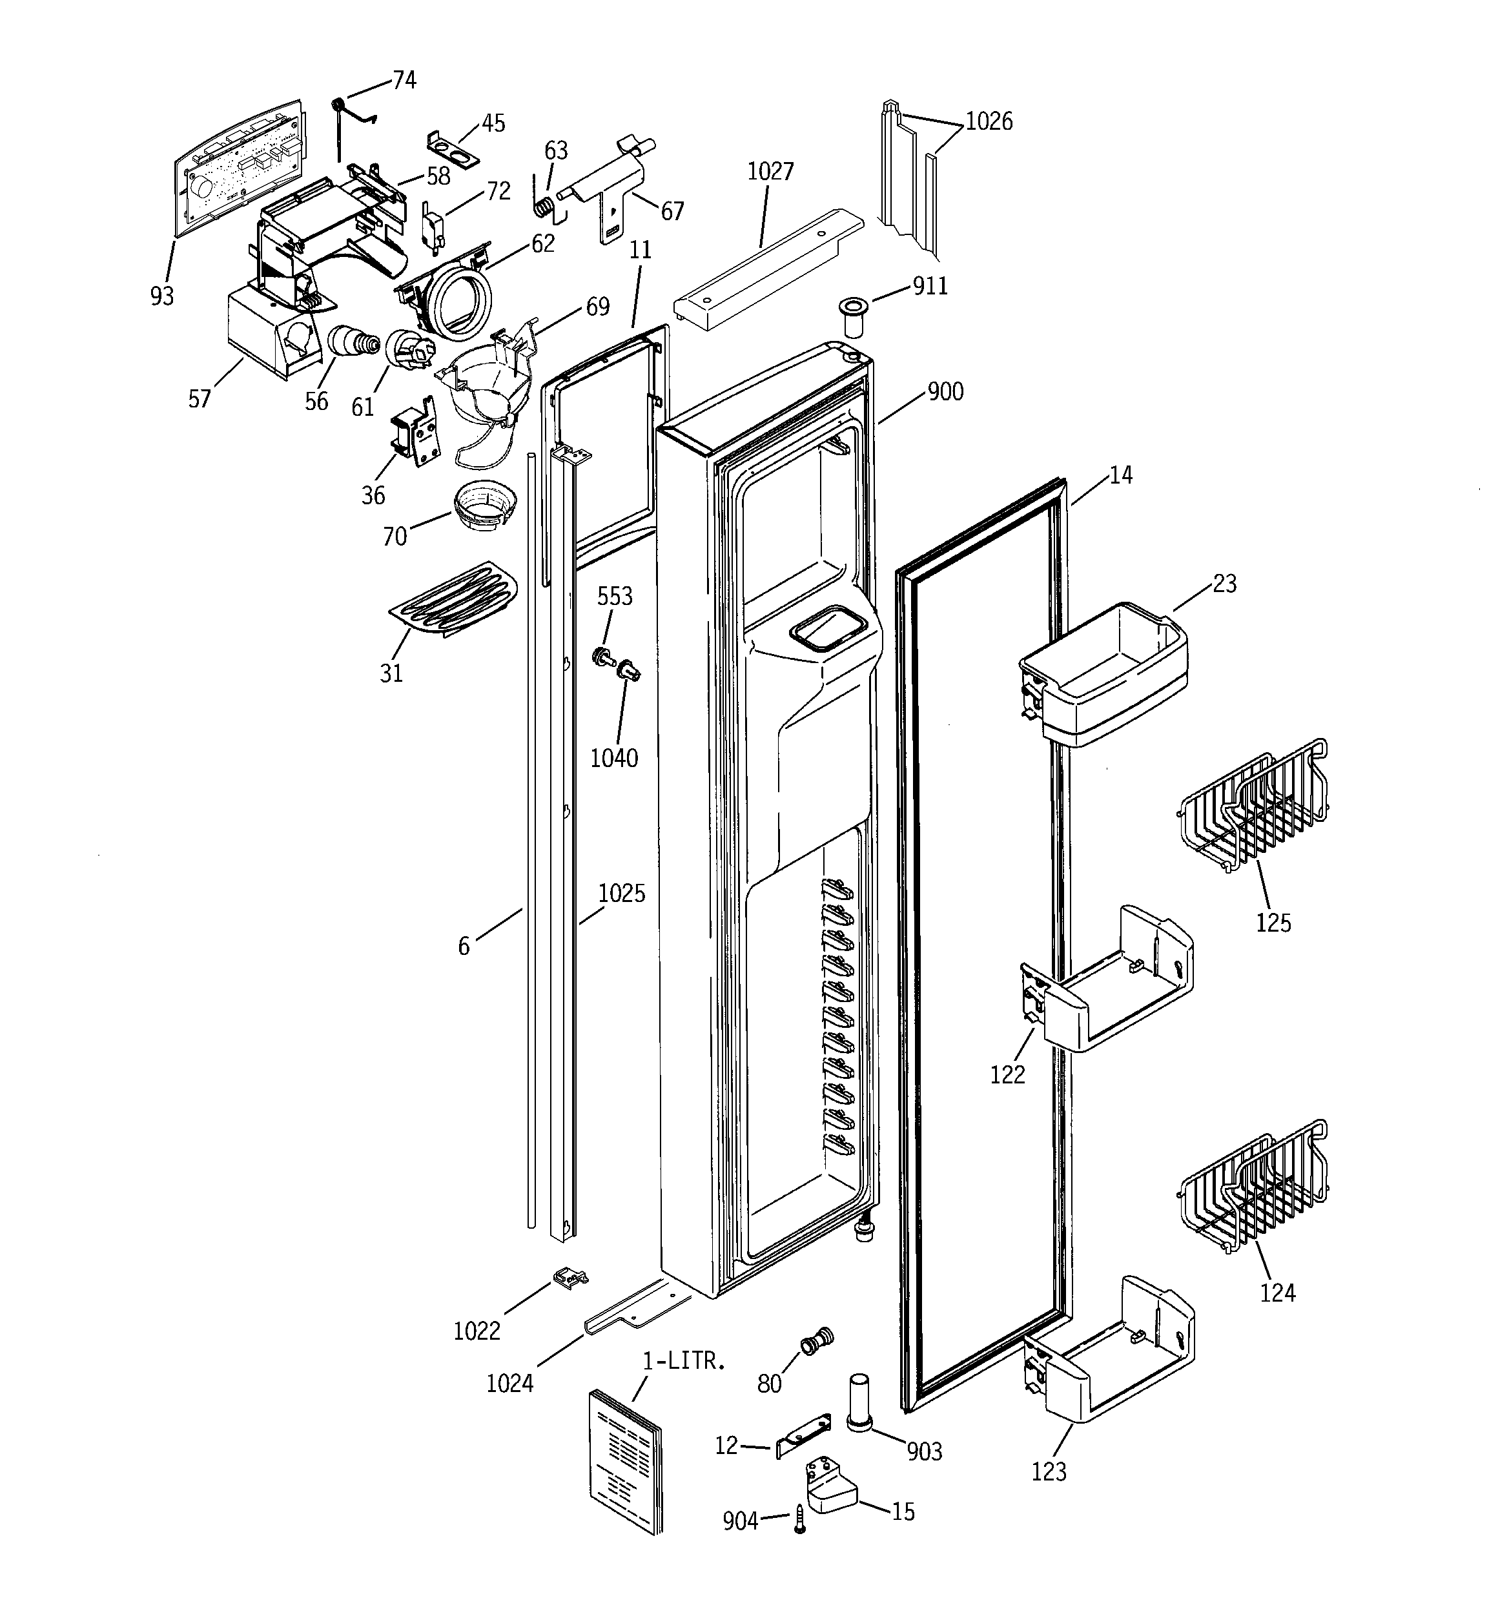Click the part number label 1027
pos(770,172)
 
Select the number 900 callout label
pos(945,393)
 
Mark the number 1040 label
pos(614,758)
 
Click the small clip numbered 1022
pos(570,1277)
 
